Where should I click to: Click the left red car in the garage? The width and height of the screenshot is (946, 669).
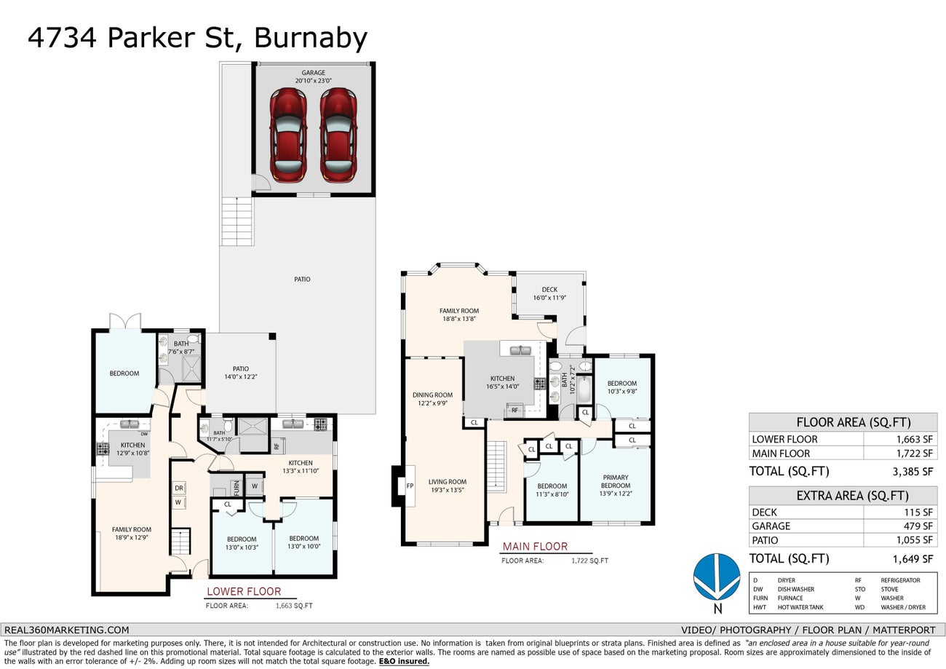click(x=288, y=135)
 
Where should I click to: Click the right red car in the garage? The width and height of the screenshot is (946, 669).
click(x=338, y=135)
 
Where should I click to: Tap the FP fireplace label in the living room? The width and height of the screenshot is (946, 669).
click(x=410, y=486)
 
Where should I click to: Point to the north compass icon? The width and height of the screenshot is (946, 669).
click(x=717, y=577)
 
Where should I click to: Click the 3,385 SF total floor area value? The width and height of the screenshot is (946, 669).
click(x=912, y=471)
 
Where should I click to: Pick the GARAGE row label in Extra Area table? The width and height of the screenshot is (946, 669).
click(x=771, y=526)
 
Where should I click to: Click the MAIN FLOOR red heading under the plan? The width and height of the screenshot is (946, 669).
click(x=535, y=546)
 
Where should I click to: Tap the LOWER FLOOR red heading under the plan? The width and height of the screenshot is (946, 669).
click(x=244, y=591)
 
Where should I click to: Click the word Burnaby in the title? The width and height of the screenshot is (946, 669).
click(x=310, y=37)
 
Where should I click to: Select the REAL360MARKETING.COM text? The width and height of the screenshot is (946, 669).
click(x=67, y=630)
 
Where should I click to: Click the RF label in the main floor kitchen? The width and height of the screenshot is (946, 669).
click(x=514, y=411)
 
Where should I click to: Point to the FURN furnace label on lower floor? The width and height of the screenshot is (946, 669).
click(x=236, y=484)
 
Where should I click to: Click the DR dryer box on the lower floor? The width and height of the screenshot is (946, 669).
click(x=178, y=488)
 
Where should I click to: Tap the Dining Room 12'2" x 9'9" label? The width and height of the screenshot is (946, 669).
click(x=433, y=399)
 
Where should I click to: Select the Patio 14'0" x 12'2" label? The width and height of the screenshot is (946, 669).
click(x=240, y=373)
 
